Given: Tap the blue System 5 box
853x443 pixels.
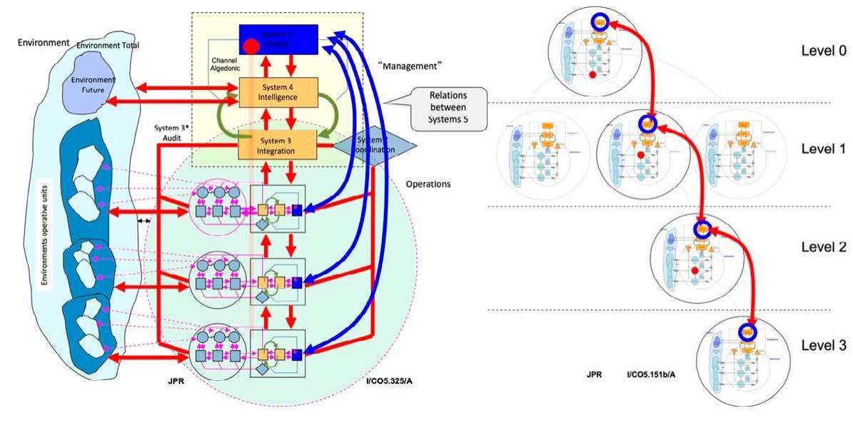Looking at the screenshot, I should point(277,39).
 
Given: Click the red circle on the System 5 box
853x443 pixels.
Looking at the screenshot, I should point(251,48).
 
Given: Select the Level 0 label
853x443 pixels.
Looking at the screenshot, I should point(822,51).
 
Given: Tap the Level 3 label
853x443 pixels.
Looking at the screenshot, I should point(822,345).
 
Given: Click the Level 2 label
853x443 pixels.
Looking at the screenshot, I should point(822,248).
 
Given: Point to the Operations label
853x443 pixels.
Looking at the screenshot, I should point(428,183).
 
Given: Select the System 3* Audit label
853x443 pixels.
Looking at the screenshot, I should point(171,133).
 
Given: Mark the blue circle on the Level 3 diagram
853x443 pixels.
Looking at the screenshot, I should point(747,332).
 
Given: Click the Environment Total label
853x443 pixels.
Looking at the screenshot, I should point(108,46).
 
